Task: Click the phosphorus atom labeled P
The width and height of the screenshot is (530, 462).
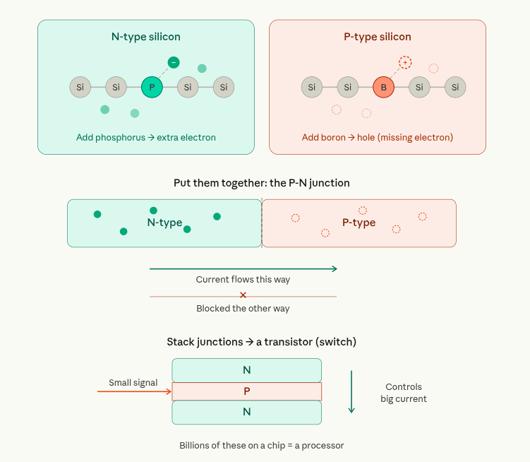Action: click(x=152, y=88)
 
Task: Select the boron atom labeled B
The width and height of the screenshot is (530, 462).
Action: click(x=383, y=88)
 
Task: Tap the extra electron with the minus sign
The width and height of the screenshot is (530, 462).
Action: click(x=174, y=62)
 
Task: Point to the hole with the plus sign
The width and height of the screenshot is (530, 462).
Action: click(x=405, y=62)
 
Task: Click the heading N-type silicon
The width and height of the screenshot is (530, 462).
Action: click(x=146, y=37)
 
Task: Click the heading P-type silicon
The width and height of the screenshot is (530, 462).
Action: click(x=377, y=37)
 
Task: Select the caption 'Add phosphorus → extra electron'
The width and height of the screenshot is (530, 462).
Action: click(x=146, y=137)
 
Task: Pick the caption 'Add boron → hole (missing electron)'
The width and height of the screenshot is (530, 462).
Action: click(x=378, y=137)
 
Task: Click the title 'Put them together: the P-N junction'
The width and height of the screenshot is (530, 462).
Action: click(x=262, y=183)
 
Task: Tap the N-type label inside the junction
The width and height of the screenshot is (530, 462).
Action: click(x=164, y=223)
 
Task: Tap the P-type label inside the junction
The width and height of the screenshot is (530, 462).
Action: click(x=359, y=223)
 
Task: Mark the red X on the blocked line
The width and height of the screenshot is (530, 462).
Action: click(x=243, y=295)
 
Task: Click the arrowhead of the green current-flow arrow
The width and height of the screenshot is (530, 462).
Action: click(x=335, y=268)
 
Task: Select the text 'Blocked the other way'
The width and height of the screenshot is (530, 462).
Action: click(x=243, y=309)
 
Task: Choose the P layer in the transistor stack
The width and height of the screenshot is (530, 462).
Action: click(x=246, y=391)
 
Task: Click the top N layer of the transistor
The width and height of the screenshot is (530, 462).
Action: click(x=246, y=370)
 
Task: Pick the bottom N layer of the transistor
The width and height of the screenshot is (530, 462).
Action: click(x=246, y=412)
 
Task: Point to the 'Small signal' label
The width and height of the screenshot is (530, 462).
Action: click(x=133, y=383)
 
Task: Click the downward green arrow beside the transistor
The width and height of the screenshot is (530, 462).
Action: click(x=351, y=391)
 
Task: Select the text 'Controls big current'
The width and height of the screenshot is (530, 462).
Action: click(x=404, y=393)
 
